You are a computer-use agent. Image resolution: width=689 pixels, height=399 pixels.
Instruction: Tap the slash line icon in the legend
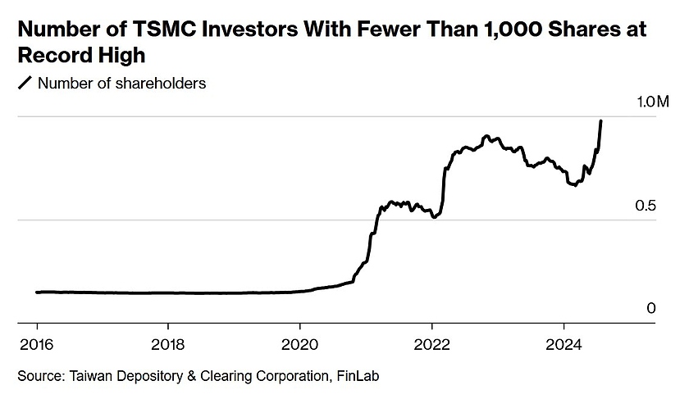pyautogui.click(x=25, y=83)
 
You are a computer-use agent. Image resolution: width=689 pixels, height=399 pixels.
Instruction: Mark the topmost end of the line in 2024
pyautogui.click(x=601, y=121)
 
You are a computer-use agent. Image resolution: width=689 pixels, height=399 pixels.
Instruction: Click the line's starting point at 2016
pyautogui.click(x=38, y=292)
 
